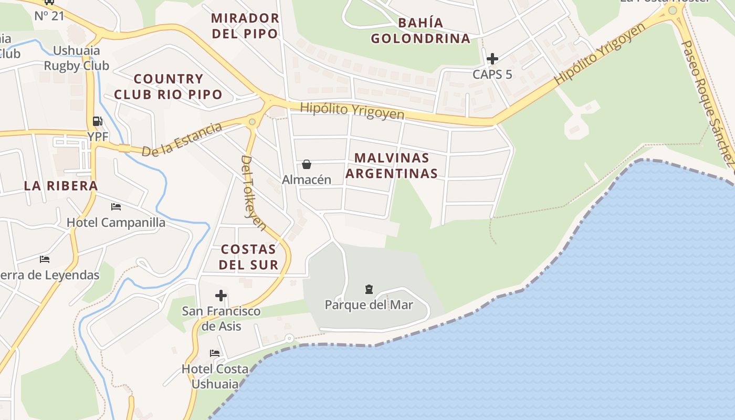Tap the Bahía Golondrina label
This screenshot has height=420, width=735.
[421, 30]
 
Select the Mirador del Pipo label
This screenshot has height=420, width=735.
[245, 26]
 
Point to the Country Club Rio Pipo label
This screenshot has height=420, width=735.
[168, 87]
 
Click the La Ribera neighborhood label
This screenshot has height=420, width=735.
[61, 185]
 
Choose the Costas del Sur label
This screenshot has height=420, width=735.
[248, 257]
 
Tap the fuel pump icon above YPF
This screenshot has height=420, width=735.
[97, 121]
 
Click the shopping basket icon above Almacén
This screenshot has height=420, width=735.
[307, 165]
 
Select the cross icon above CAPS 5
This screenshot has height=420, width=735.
[492, 58]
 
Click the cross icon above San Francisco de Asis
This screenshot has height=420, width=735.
[221, 296]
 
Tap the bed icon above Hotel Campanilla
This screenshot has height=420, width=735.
[116, 207]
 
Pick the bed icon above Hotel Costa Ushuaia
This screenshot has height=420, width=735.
[215, 353]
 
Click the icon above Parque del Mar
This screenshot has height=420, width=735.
[369, 289]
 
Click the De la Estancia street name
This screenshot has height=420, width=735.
[182, 140]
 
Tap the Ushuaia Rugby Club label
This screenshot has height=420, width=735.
[77, 58]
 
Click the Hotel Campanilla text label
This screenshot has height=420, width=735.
[116, 223]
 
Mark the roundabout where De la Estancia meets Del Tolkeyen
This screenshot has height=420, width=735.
[253, 122]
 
